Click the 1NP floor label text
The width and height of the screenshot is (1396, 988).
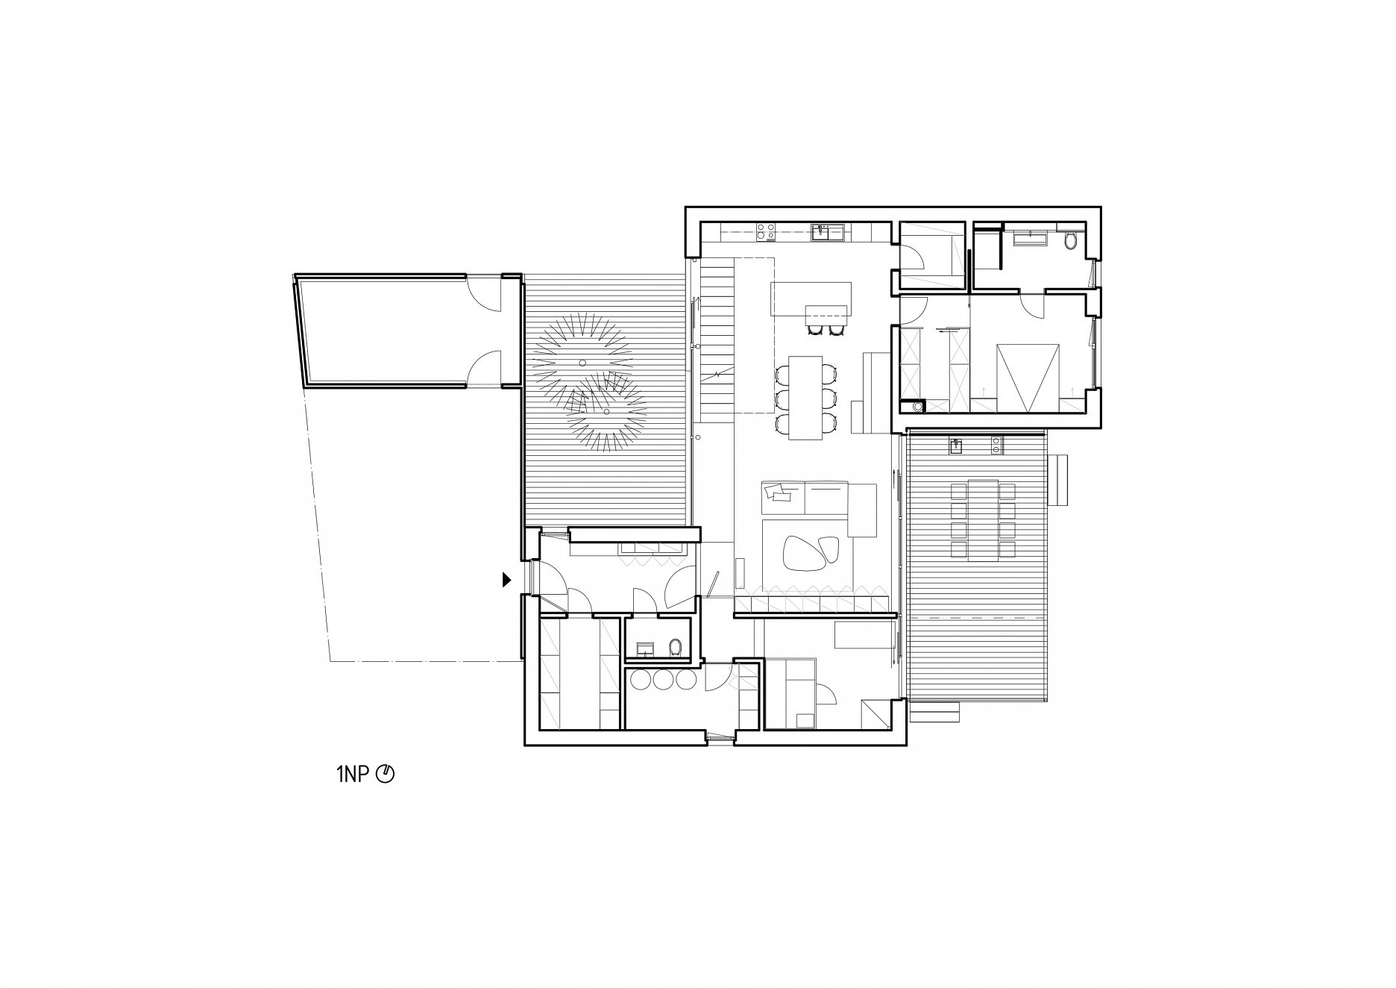[x=352, y=775]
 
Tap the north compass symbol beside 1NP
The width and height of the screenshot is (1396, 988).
[x=385, y=775]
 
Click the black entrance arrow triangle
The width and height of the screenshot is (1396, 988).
[x=507, y=579]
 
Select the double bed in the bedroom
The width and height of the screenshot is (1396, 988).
[x=1029, y=378]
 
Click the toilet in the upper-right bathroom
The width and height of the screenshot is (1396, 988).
[x=1071, y=241]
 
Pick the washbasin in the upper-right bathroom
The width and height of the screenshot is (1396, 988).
[x=1031, y=240]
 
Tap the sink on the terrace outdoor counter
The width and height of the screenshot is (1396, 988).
[x=956, y=446]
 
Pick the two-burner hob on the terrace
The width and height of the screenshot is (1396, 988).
[x=996, y=446]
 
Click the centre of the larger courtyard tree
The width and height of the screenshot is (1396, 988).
[x=583, y=362]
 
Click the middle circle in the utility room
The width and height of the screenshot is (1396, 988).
[x=663, y=680]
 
